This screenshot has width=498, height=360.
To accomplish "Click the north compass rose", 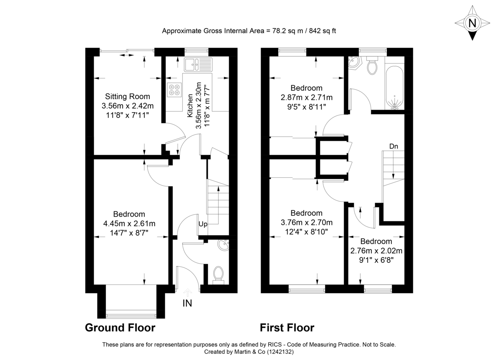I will [472, 23].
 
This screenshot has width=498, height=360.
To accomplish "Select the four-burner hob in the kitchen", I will [174, 90].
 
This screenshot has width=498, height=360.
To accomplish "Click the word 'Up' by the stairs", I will [203, 224].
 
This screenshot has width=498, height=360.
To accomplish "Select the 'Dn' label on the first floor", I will [394, 146].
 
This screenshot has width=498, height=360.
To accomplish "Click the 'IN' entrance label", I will [188, 304].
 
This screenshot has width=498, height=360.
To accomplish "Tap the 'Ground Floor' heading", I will [120, 328].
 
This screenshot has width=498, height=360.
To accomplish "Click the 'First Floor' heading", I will [287, 328].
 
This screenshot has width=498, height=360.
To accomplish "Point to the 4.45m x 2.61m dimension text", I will [129, 224].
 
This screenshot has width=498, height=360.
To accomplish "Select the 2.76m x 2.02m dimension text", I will [376, 251].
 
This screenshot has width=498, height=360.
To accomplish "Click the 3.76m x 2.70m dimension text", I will [307, 223].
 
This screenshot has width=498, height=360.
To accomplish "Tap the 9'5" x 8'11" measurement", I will [307, 107].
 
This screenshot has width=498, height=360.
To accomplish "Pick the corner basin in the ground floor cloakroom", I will [225, 245].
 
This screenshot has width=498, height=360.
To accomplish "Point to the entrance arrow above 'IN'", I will [187, 293].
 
